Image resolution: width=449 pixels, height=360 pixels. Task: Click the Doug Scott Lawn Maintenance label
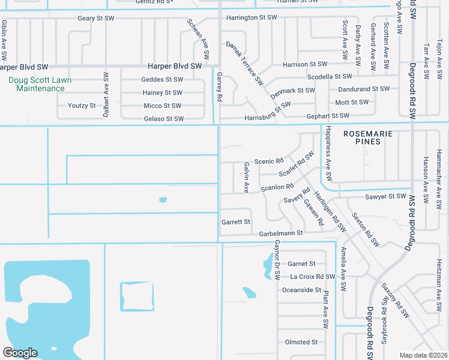[40, 84]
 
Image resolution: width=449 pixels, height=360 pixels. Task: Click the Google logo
[20, 352]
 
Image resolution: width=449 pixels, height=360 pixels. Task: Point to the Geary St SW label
[95, 19]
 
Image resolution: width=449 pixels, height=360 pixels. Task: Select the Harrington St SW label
[252, 18]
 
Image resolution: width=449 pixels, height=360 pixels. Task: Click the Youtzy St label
[82, 106]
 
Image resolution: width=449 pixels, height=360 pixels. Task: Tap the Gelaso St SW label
[164, 119]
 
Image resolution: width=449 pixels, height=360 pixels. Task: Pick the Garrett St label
[236, 222]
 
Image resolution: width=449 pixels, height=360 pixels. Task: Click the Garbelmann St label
[281, 233]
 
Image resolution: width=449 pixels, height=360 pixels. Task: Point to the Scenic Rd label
[268, 161]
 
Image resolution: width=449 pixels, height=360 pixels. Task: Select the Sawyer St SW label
[385, 196]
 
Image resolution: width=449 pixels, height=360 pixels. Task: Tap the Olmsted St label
[301, 342]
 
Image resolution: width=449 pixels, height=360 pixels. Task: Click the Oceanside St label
[301, 290]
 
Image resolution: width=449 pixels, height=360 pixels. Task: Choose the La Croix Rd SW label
[312, 277]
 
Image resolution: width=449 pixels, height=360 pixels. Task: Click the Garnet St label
[301, 263]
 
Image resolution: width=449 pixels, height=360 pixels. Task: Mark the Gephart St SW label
[328, 116]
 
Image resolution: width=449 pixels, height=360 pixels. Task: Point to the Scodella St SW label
[330, 77]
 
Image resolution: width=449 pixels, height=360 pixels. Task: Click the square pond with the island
[137, 296]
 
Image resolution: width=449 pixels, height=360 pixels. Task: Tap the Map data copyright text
[423, 355]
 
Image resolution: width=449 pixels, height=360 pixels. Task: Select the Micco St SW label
[163, 106]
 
